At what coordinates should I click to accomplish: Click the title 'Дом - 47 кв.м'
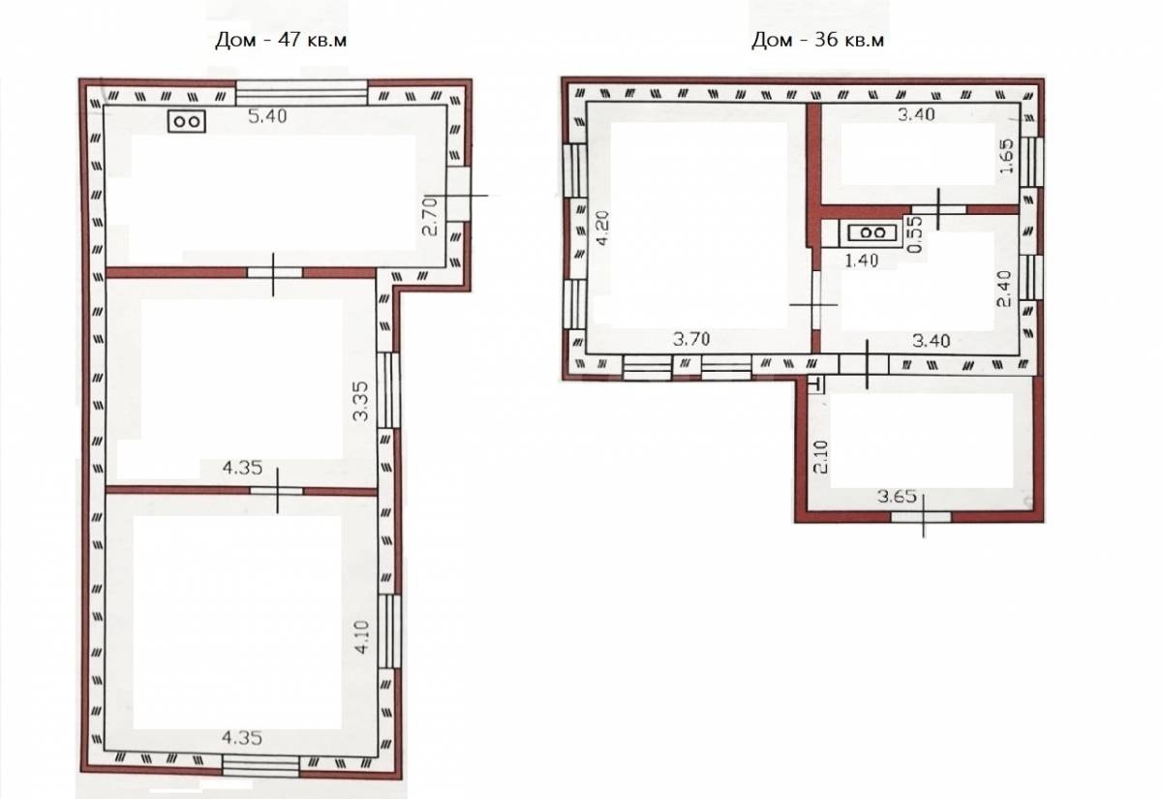coord(281,40)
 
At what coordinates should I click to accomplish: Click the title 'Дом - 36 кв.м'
coord(817,40)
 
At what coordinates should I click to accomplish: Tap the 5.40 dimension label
coord(267,116)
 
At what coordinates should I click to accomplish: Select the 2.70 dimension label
coord(431,216)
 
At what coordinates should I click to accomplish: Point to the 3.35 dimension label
coord(360,401)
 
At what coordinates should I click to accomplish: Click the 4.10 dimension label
coord(361,637)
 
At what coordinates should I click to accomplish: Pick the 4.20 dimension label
coord(602,229)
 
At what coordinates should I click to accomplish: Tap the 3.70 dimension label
coord(691,339)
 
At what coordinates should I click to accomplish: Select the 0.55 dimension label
coord(916,234)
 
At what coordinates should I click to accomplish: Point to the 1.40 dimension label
coord(862,261)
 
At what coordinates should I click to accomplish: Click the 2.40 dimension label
coord(1004,289)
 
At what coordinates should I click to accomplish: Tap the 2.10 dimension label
coord(821,457)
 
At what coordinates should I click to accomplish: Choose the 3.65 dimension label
coord(897,497)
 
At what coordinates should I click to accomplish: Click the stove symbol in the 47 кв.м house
coord(187,121)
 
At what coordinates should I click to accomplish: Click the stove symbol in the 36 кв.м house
coord(872,233)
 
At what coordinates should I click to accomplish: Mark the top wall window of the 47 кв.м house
coord(302,93)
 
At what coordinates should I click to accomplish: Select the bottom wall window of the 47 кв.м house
coord(260,766)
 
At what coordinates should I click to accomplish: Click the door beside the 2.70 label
coord(459,194)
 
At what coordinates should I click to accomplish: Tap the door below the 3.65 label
coord(921,517)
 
